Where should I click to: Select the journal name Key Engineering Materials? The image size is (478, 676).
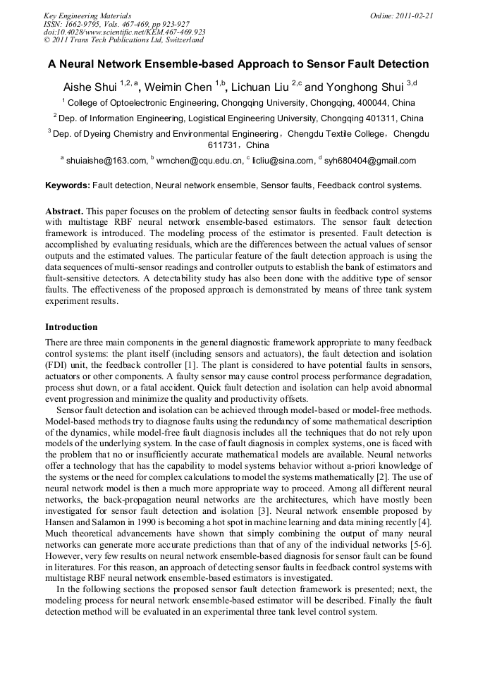(x=87, y=15)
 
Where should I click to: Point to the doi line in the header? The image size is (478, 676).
(x=124, y=32)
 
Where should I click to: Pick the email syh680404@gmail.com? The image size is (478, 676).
(x=370, y=161)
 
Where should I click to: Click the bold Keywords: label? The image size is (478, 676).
(x=68, y=185)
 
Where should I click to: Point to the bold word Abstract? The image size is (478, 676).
(x=64, y=211)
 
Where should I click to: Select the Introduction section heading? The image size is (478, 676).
(x=71, y=327)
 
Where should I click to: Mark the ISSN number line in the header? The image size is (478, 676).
(x=116, y=23)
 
